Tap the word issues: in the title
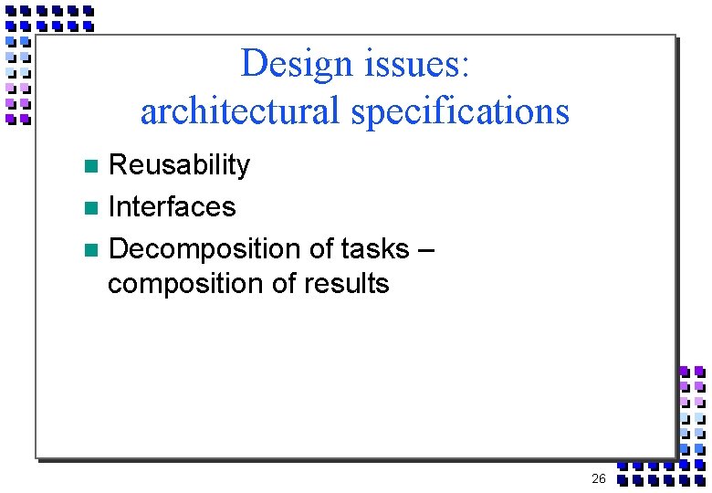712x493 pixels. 415,64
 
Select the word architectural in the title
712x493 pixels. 240,111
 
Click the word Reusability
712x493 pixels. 179,165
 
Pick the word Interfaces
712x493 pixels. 172,207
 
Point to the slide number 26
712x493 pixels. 599,478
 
